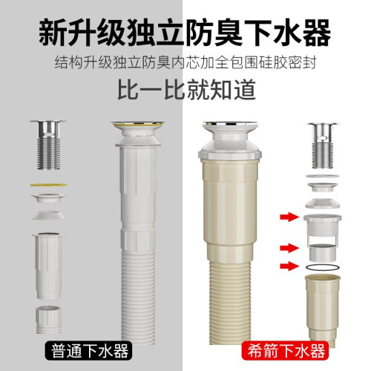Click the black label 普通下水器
coord(88,351)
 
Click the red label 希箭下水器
coord(286,351)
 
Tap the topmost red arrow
coord(289,217)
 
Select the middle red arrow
coord(289,248)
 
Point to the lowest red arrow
coord(289,266)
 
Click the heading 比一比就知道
coord(186,90)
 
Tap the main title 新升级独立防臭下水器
coord(185,33)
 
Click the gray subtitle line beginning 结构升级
coord(185,63)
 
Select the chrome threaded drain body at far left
coord(49,145)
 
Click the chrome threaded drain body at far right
coord(323,145)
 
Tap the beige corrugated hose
coord(230,302)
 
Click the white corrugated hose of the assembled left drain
coord(138,297)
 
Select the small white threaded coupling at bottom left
coord(48,320)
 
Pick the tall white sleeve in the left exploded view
coord(48,266)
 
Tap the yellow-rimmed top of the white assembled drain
coord(138,124)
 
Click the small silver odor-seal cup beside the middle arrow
coord(323,252)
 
